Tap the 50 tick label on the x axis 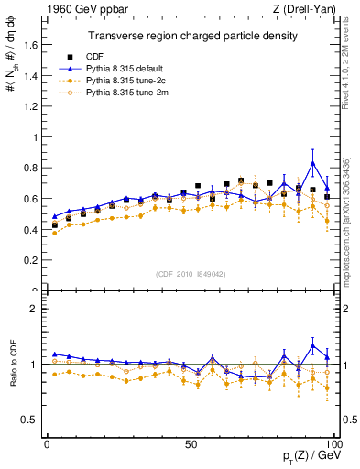pos(191,443)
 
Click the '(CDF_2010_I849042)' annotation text pos(191,272)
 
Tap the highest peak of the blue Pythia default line pos(313,163)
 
